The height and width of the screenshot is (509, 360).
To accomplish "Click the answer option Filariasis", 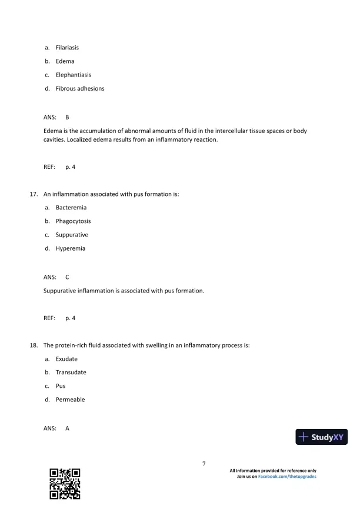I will (67, 48).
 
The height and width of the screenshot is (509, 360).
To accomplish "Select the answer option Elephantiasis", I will (73, 75).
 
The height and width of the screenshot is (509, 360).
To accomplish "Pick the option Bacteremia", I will (70, 208).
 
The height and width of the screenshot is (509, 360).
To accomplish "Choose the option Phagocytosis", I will (73, 221).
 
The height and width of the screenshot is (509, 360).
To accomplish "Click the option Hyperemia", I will (70, 248).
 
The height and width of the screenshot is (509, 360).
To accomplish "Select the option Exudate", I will (66, 359).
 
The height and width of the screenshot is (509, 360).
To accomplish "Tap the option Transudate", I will (71, 372).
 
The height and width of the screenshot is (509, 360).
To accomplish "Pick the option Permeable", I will (70, 400).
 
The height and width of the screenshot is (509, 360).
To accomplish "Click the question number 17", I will (34, 194).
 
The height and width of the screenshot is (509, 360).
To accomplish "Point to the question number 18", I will (34, 345).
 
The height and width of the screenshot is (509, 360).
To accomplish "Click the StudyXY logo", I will (322, 437).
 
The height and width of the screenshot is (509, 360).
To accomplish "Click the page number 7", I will (204, 464).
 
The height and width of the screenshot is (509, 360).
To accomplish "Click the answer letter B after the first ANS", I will (67, 117).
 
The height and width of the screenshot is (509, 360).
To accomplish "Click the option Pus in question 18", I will (61, 386).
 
